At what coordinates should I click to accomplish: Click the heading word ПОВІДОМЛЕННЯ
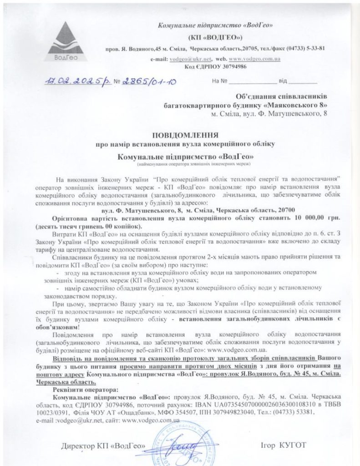pos(184,135)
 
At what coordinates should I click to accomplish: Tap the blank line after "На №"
pos(253,83)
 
